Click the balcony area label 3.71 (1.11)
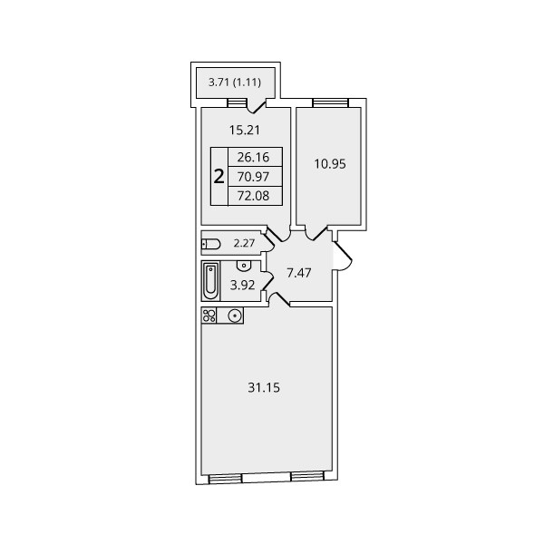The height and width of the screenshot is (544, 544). point(235,83)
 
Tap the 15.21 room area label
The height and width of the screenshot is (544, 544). point(244,130)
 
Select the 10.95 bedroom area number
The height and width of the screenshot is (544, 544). point(330,164)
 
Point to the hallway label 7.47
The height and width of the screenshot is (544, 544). point(298,273)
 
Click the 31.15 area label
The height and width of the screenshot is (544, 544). point(264,387)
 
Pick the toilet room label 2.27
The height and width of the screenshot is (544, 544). point(244,243)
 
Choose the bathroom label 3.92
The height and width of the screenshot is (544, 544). point(242,286)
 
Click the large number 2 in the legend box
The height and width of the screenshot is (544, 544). point(219,177)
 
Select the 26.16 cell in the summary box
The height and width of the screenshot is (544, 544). point(253,157)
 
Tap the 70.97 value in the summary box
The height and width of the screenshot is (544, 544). point(253,177)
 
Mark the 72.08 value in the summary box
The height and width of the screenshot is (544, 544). point(253,196)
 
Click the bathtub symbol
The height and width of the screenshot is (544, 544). point(210,281)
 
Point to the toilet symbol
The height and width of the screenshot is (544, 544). point(211,244)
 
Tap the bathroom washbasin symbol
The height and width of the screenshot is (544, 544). point(244,266)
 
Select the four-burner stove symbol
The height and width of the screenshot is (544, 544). point(209,316)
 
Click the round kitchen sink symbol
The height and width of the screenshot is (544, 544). point(235,316)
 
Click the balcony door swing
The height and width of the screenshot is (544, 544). point(257,106)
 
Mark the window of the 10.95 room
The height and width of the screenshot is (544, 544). point(330,102)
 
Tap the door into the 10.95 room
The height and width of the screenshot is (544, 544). point(316,232)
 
